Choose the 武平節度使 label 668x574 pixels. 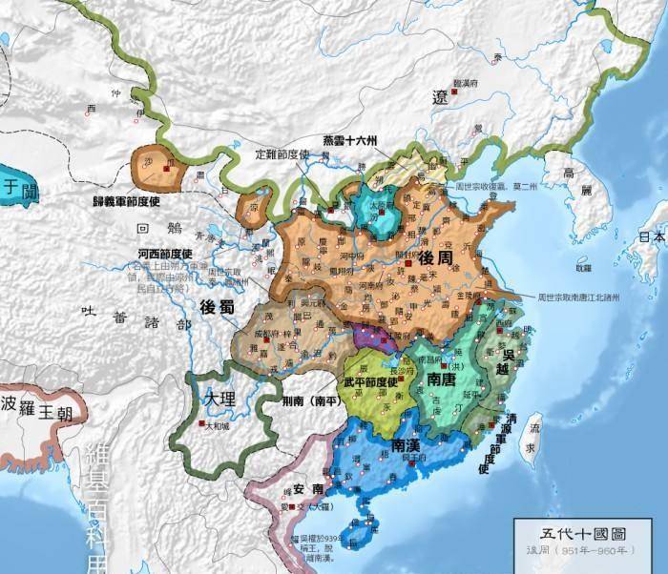pyautogui.click(x=376, y=382)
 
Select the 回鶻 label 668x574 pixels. pyautogui.click(x=157, y=230)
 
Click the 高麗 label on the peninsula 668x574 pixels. pyautogui.click(x=570, y=183)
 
